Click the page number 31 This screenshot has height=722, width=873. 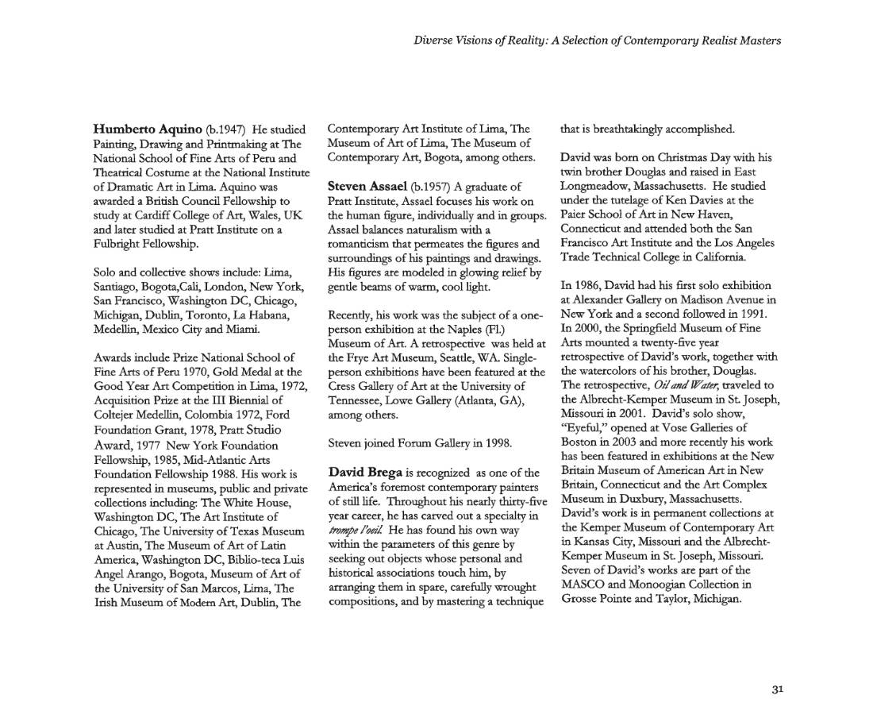click(x=777, y=689)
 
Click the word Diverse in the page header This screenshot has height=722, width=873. click(x=433, y=40)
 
